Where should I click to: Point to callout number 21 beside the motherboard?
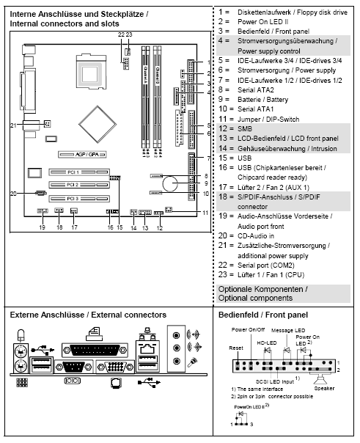(12, 125)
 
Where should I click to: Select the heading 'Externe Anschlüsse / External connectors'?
(88, 315)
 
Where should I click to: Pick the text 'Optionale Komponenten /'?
(263, 289)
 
